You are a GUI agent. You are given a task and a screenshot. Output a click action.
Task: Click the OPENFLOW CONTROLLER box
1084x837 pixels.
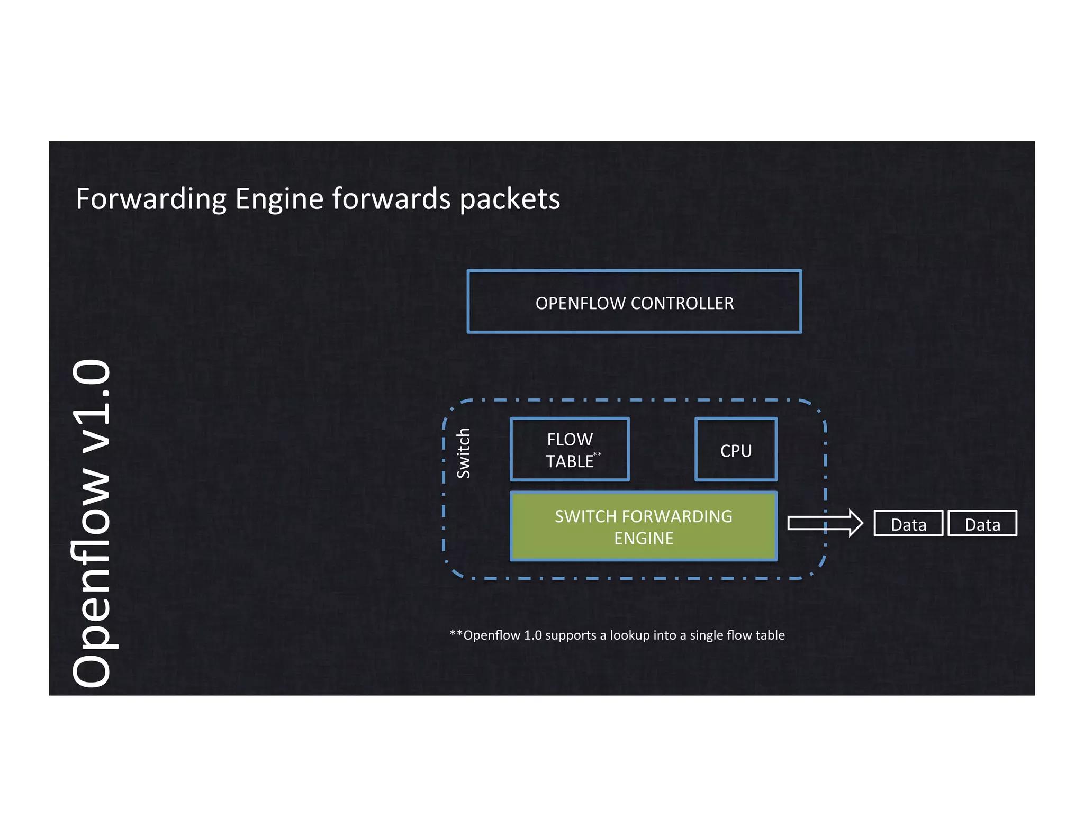click(634, 302)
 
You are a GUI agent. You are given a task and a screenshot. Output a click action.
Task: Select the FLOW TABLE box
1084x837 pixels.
click(570, 449)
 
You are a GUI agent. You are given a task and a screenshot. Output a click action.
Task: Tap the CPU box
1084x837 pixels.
click(736, 450)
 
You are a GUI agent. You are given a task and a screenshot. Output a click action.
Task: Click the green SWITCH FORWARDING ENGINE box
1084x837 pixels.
click(643, 526)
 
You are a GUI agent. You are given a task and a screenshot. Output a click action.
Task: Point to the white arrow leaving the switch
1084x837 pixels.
click(825, 523)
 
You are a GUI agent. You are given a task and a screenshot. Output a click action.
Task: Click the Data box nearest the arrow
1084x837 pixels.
click(908, 524)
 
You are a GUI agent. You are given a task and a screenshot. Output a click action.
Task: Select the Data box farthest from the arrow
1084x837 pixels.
click(982, 524)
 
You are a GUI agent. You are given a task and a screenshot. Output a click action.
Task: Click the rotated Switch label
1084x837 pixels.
click(464, 453)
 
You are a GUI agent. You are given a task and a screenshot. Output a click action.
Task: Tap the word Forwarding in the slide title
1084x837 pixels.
click(151, 199)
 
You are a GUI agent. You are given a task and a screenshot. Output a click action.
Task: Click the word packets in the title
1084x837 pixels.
click(509, 199)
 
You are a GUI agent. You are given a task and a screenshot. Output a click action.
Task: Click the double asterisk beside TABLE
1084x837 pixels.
click(598, 454)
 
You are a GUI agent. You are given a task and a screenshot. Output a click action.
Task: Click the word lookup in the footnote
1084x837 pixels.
click(629, 635)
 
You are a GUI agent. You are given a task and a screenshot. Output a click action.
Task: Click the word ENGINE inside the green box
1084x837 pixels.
click(644, 538)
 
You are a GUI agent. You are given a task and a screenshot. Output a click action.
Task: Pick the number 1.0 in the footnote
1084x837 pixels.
click(532, 635)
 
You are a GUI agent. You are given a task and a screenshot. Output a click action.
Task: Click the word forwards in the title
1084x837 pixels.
click(392, 199)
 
